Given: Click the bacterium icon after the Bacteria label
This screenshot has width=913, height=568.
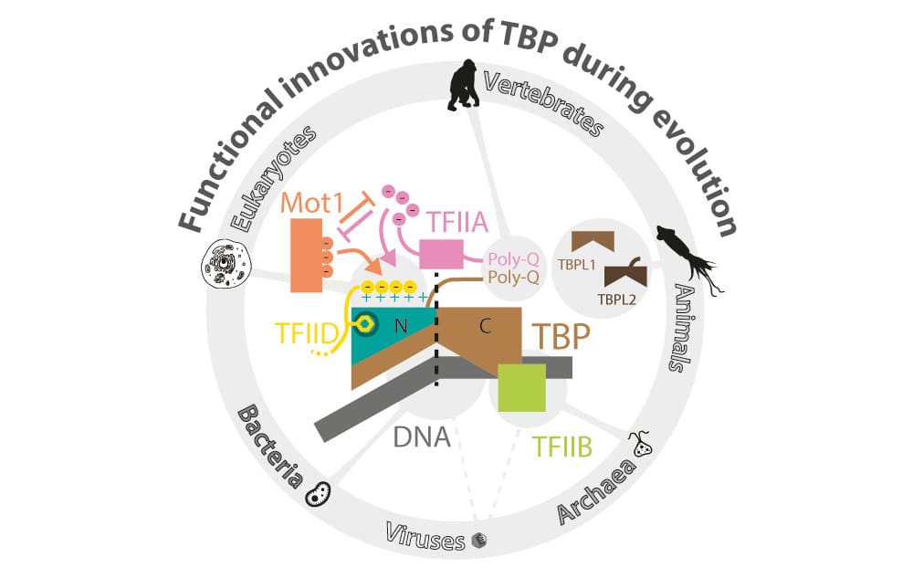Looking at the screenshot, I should [319, 492].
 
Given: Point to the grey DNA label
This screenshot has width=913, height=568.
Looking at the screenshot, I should [423, 437].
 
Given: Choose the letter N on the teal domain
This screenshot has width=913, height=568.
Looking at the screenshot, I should [399, 325].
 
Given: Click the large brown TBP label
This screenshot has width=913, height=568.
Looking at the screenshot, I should [558, 338].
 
